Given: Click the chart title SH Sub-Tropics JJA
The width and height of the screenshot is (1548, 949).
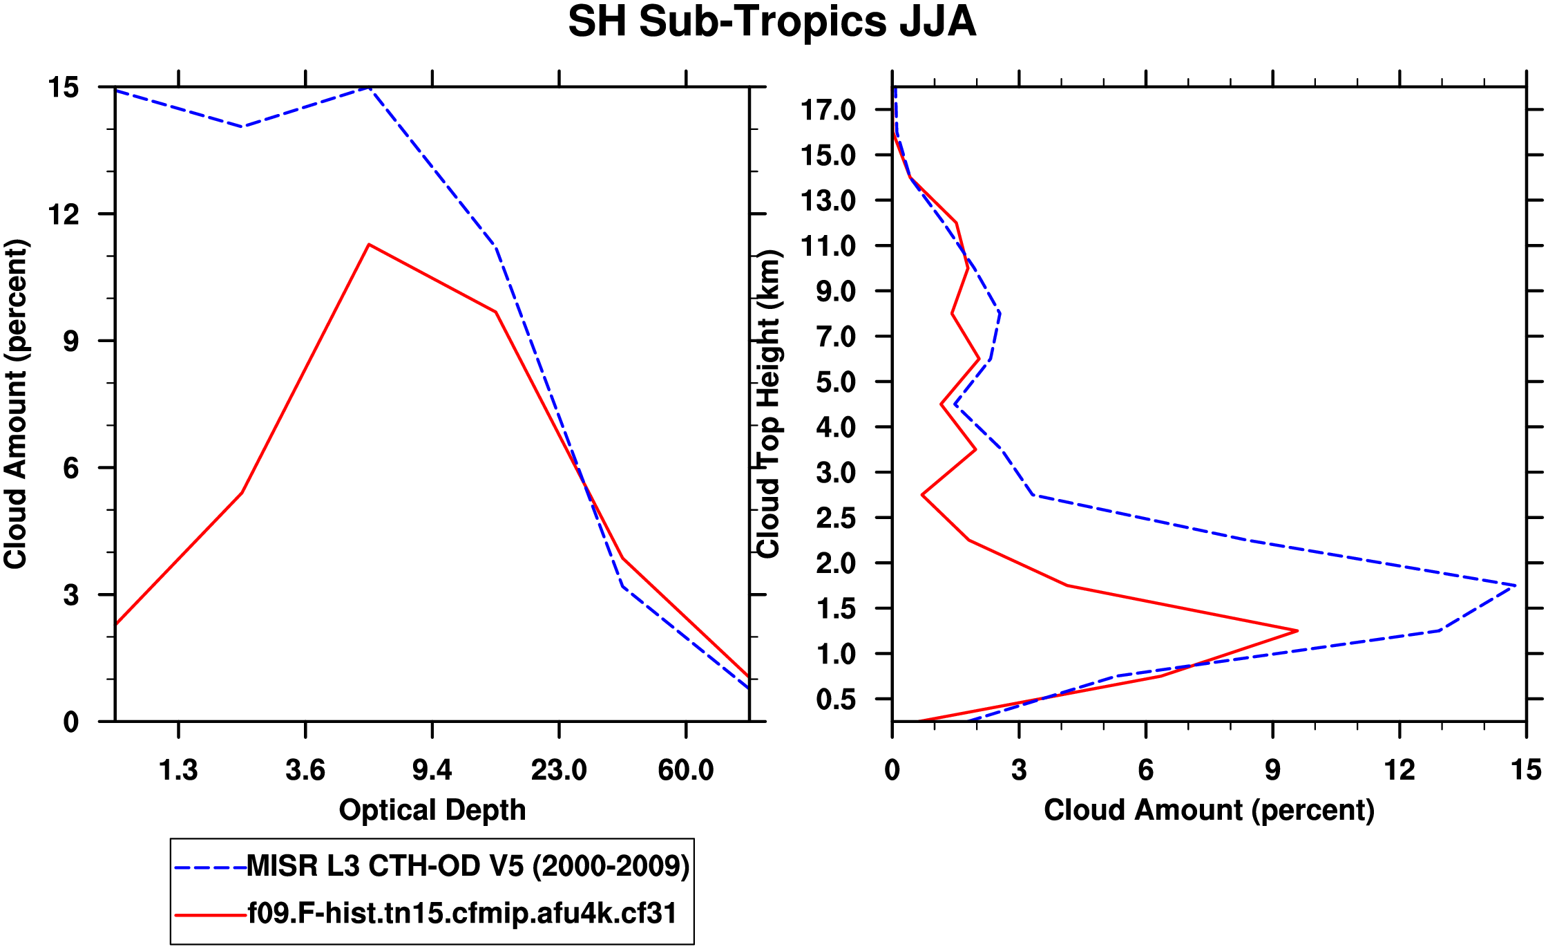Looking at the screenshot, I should tap(772, 22).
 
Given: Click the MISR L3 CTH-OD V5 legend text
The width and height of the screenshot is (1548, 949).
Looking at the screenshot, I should tap(468, 866).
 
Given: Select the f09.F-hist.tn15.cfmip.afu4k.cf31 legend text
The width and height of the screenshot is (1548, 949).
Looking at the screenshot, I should tap(462, 914).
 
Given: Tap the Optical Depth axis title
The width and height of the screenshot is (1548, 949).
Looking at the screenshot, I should tap(432, 809).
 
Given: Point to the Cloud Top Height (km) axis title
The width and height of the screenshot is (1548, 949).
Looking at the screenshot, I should tap(769, 404).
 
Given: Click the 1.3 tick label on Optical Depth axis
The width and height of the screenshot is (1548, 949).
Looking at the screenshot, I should tap(178, 770).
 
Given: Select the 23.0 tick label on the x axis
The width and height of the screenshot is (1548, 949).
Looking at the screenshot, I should tap(559, 770).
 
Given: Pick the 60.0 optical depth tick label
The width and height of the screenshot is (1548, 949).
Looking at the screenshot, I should tap(685, 770).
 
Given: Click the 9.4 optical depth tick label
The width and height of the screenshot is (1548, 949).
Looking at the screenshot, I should tap(432, 770).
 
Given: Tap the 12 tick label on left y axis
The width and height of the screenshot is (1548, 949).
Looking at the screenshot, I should tap(63, 215).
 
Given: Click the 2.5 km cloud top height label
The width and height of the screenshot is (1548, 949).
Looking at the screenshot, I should tap(835, 518).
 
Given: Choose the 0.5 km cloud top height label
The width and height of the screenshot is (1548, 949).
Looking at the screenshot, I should tap(835, 699).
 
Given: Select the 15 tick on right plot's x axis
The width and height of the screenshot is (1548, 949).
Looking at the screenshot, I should tap(1526, 770).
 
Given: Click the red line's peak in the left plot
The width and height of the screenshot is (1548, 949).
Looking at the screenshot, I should tap(369, 245).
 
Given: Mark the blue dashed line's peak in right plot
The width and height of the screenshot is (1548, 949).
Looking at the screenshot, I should tap(1515, 585).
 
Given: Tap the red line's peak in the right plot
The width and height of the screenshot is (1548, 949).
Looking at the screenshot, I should tap(1297, 630).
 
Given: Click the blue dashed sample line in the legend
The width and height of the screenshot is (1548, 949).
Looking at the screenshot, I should tap(211, 867).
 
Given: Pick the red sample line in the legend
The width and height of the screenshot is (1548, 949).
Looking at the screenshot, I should tap(211, 914).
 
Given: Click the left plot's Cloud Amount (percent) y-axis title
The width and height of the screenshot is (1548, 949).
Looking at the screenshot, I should tap(15, 404).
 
